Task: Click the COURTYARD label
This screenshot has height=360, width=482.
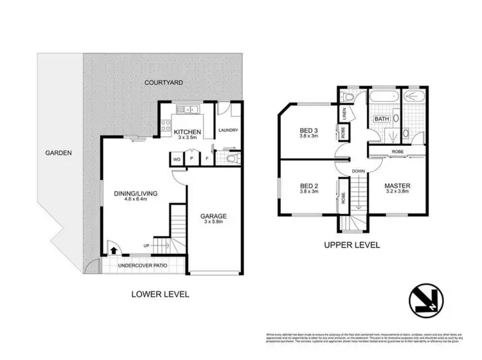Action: tap(164, 82)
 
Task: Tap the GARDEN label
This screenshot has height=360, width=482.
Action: tap(58, 153)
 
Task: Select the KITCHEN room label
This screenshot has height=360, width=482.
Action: tap(188, 132)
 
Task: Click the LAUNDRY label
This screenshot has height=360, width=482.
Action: tap(228, 130)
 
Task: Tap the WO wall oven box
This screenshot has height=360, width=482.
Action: tap(175, 159)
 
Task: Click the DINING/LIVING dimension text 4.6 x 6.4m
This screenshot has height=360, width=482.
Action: tap(136, 199)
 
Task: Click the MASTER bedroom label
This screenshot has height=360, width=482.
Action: tap(398, 186)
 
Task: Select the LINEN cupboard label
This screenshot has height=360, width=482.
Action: tap(344, 113)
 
